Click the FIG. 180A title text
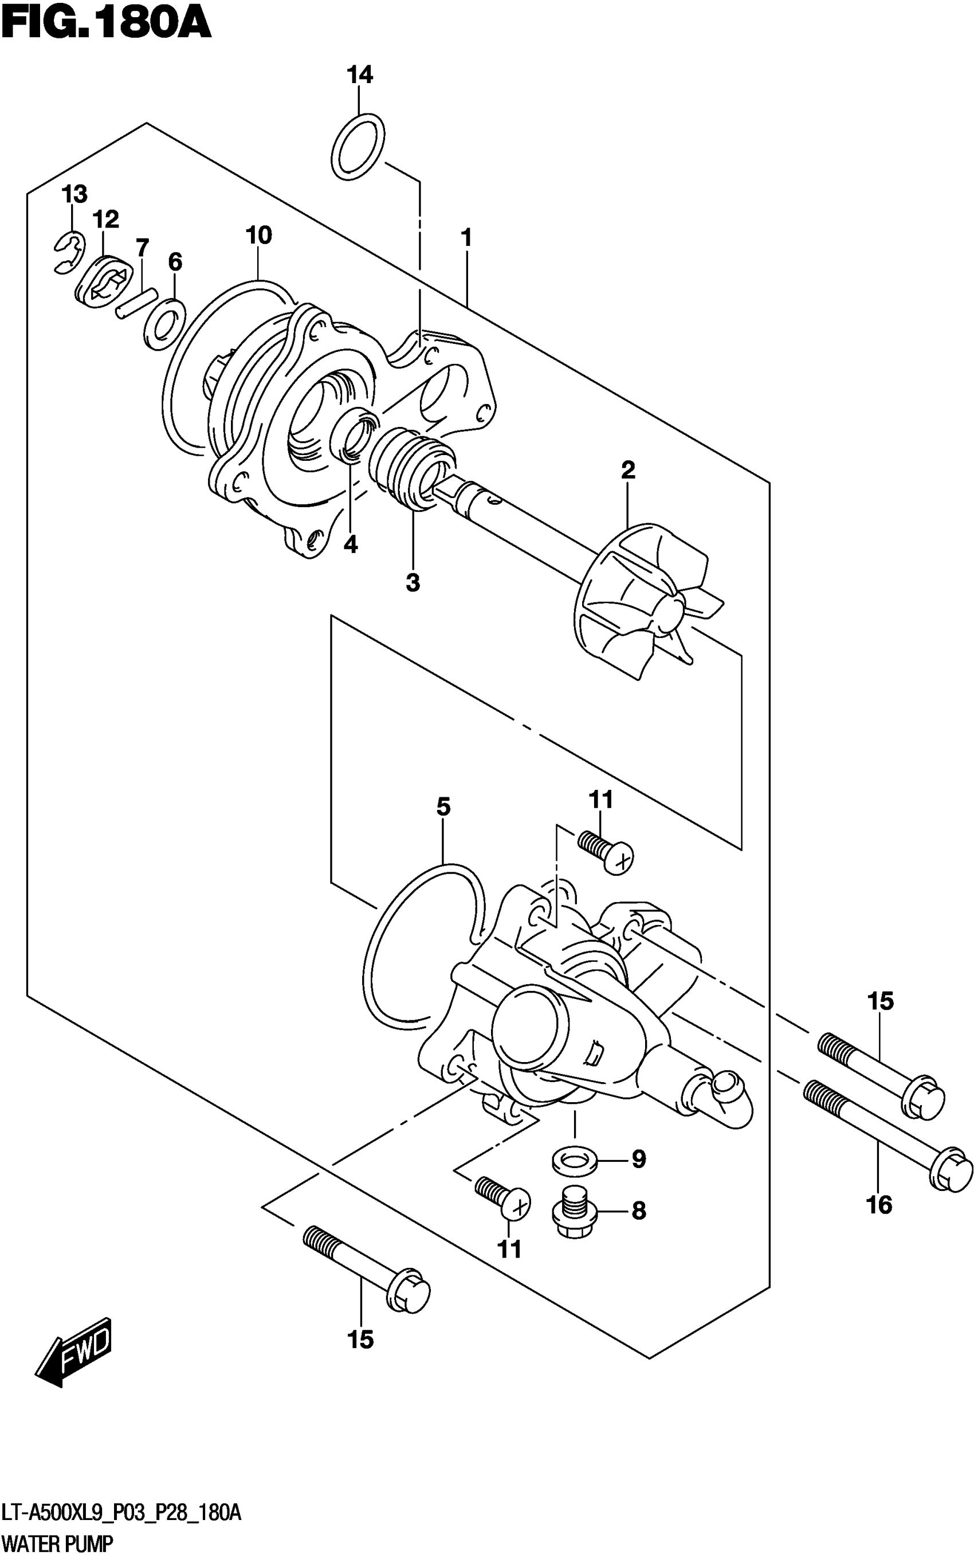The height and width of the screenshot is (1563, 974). (107, 25)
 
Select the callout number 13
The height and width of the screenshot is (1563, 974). (74, 194)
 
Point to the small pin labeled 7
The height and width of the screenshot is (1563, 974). (136, 302)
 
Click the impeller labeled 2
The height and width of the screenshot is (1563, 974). (644, 602)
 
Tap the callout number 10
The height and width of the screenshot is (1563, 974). (258, 236)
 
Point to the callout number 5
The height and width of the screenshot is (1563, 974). (443, 806)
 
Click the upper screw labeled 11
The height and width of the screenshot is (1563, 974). (606, 850)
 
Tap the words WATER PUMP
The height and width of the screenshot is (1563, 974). (57, 1544)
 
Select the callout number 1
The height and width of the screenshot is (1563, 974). (467, 238)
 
